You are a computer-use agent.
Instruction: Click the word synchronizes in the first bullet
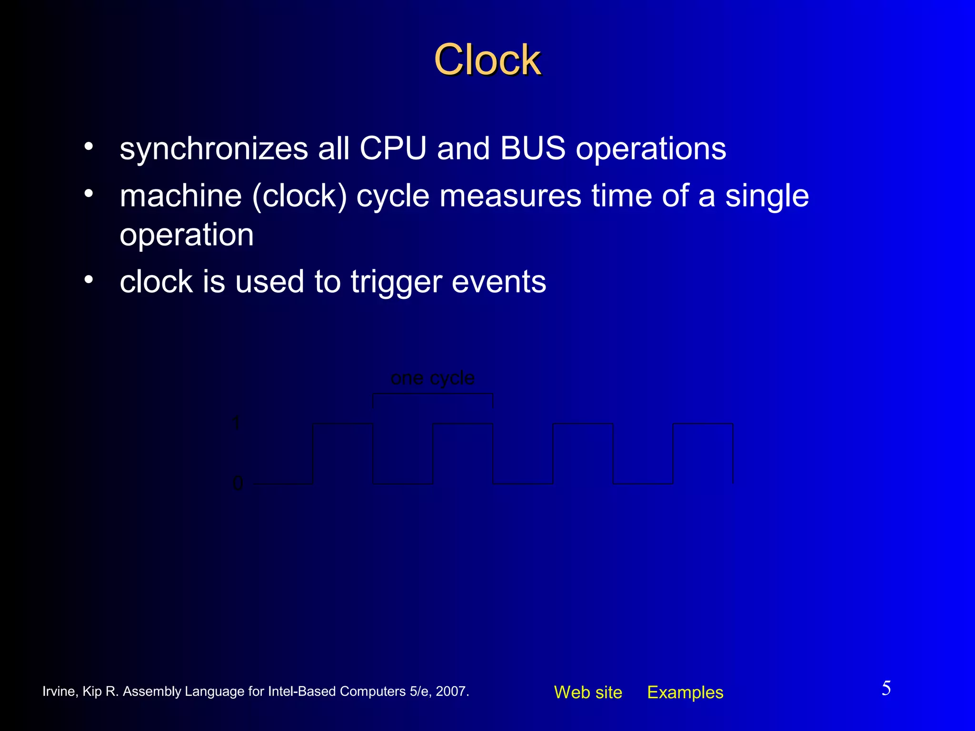click(x=214, y=148)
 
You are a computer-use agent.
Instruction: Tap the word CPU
click(x=393, y=148)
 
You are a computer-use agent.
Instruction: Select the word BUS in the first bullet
click(x=533, y=148)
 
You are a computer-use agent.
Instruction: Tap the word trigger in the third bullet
click(x=396, y=282)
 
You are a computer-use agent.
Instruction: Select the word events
click(x=498, y=282)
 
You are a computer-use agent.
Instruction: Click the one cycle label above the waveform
click(x=432, y=378)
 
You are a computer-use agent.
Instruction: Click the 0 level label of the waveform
click(x=238, y=484)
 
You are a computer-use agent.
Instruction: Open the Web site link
click(x=588, y=692)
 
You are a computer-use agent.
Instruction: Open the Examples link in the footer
click(x=685, y=692)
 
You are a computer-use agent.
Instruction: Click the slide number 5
click(x=886, y=688)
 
